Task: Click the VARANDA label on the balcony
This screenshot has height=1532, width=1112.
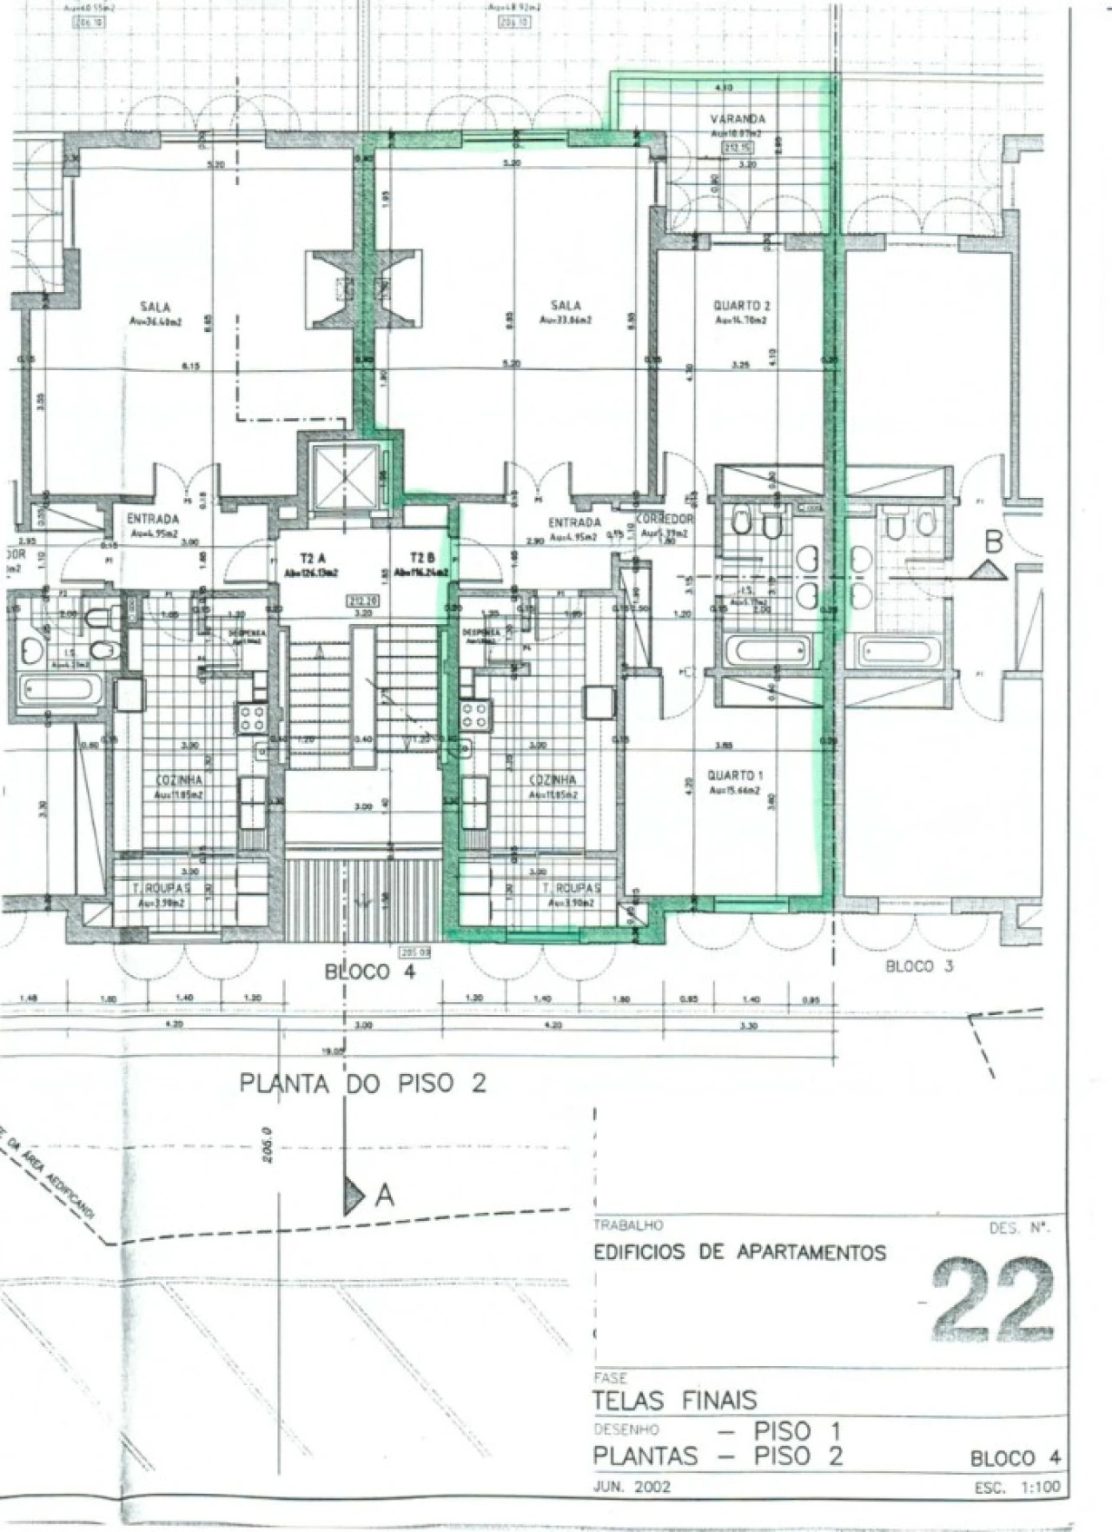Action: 738,119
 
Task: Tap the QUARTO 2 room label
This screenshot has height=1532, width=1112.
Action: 742,306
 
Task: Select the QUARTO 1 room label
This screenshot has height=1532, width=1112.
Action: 736,775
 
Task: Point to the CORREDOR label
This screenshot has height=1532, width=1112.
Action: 665,519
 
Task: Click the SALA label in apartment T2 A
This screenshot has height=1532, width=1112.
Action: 156,307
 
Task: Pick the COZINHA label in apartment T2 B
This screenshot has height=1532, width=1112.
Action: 553,780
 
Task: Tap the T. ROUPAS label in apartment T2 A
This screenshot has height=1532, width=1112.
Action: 162,889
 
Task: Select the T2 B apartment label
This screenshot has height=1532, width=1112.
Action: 421,558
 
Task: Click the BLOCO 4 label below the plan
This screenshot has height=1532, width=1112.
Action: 370,972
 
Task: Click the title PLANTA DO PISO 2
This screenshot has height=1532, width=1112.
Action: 362,1084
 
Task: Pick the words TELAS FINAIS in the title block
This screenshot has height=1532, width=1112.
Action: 675,1400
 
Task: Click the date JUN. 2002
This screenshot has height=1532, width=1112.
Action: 632,1487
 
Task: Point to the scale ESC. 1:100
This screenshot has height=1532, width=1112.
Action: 1017,1488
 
